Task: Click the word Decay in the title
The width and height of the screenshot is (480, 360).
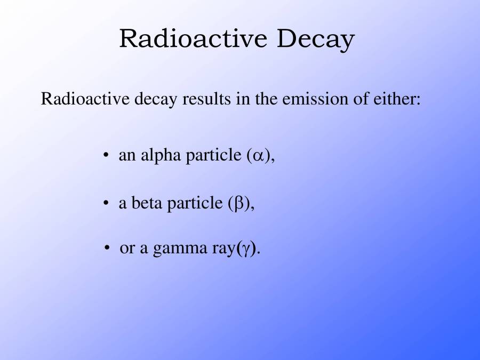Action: click(315, 39)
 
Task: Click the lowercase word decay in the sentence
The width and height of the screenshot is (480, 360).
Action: click(155, 100)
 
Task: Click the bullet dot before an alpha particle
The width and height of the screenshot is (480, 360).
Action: click(106, 156)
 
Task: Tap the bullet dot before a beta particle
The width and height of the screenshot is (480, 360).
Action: click(106, 203)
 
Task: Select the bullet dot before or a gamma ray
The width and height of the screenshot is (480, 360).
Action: click(108, 249)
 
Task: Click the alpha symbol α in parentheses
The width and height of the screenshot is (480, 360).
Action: click(258, 156)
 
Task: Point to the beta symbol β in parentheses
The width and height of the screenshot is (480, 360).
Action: click(239, 204)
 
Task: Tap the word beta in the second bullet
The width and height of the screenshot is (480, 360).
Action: click(146, 203)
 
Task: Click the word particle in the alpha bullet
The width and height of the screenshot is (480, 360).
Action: click(213, 156)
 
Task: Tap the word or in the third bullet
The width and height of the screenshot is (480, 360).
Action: click(127, 249)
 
